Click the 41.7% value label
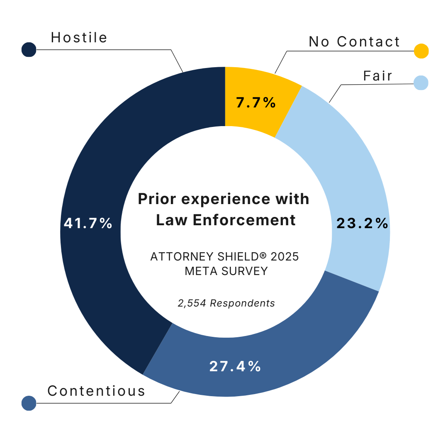point(88,224)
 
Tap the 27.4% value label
point(235,366)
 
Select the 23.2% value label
point(362,224)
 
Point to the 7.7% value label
point(256,102)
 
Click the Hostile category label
point(79,38)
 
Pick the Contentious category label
point(96,391)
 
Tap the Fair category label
point(377,76)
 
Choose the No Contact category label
point(354,41)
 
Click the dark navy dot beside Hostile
point(29,50)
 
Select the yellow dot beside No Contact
point(421,51)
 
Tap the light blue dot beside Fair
point(421,82)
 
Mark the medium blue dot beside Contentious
point(29,403)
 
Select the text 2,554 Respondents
point(226,303)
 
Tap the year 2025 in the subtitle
point(284,256)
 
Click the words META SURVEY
point(226,271)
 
